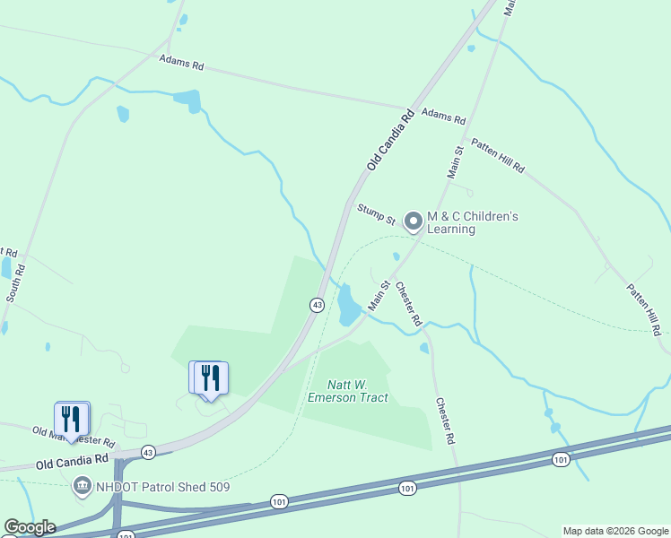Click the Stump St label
click(377, 213)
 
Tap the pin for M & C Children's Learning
click(414, 220)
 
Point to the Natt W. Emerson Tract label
click(348, 391)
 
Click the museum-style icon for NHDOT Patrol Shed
click(82, 486)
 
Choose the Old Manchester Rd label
click(74, 437)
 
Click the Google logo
click(30, 527)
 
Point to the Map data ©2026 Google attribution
click(615, 531)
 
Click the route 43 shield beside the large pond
click(317, 305)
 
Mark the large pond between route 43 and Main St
click(348, 307)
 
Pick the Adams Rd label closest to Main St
click(444, 117)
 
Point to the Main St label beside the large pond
click(378, 297)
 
